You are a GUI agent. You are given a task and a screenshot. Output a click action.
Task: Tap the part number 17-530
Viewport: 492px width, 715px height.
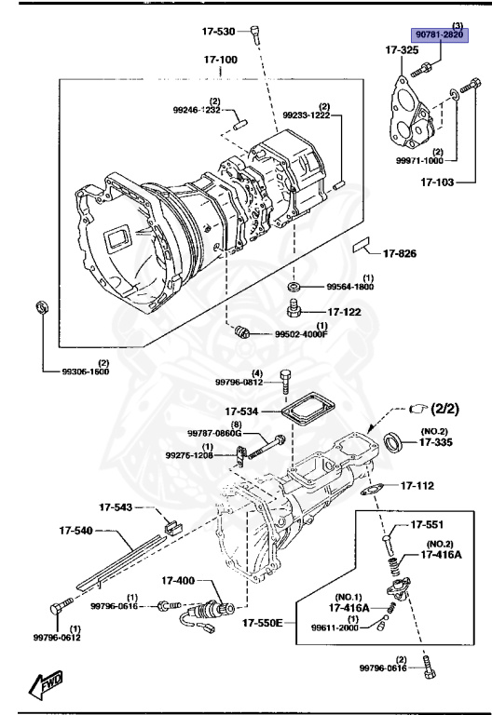220,31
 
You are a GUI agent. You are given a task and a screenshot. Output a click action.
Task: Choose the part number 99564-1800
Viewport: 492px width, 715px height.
348,288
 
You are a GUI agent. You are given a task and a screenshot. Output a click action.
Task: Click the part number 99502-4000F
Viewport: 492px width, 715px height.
301,334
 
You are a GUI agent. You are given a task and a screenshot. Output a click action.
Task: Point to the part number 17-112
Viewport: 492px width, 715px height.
418,486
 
